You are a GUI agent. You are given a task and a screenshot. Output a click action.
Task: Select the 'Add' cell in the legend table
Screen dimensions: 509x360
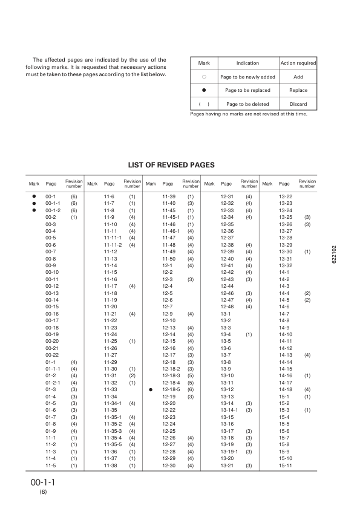[298, 77]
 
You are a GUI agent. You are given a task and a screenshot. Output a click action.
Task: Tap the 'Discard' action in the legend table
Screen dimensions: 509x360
[298, 104]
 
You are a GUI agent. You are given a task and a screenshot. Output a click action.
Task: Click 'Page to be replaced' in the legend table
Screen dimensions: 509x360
[247, 91]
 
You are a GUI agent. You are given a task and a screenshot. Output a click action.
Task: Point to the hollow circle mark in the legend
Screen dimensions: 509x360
[204, 77]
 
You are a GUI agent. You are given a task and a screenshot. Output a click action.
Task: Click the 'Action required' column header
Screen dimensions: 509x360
[298, 63]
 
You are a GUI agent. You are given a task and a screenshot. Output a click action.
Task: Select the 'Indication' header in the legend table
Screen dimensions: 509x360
[247, 63]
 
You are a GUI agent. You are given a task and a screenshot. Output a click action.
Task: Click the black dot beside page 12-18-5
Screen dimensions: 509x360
[151, 389]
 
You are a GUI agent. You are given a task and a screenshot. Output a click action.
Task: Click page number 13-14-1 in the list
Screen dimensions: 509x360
[229, 410]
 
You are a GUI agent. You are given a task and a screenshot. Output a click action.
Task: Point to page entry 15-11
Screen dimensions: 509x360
[286, 465]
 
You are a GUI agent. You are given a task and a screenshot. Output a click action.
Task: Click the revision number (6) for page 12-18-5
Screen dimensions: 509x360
[190, 389]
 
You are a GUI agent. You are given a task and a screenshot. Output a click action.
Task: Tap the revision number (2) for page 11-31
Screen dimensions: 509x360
[132, 375]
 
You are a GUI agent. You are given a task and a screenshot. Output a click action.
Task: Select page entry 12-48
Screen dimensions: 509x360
[227, 306]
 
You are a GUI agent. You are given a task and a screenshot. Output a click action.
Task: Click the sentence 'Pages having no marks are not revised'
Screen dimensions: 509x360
[248, 114]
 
